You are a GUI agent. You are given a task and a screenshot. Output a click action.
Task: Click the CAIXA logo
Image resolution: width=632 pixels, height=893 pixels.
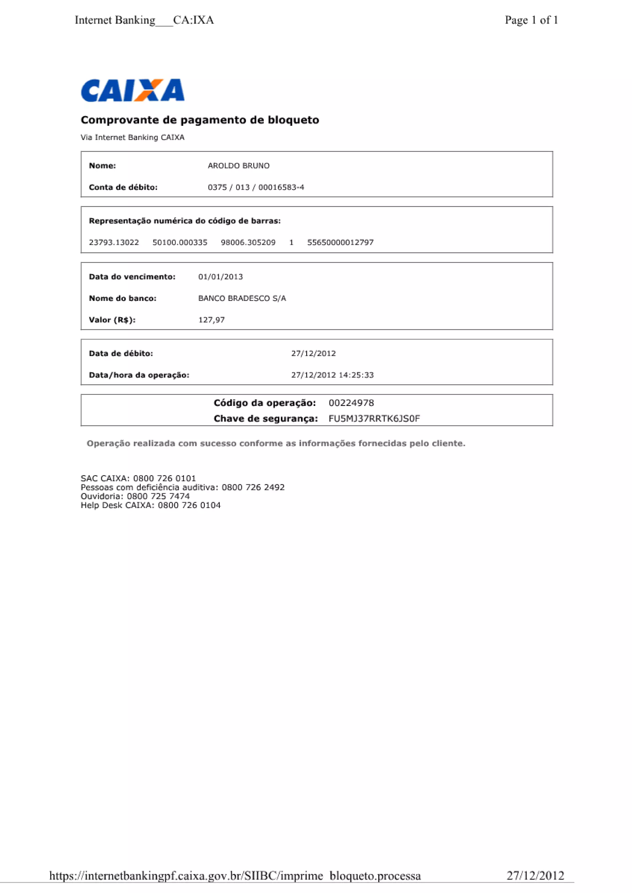point(132,90)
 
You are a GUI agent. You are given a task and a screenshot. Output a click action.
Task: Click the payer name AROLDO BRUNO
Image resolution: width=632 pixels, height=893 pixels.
point(239,166)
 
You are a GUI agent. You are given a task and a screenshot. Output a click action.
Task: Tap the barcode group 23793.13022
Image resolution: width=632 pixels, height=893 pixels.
point(114,242)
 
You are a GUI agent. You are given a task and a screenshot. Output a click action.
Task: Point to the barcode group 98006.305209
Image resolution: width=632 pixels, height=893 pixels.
point(248,242)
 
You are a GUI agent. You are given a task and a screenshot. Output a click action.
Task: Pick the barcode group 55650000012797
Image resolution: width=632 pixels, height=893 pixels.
point(340,242)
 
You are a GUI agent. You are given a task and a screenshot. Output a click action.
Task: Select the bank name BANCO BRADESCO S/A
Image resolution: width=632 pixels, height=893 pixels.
point(242,298)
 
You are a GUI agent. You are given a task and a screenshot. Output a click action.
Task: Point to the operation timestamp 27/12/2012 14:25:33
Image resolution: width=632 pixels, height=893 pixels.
point(332,375)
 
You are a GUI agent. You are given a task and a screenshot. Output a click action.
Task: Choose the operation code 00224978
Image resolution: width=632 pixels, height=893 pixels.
point(351,403)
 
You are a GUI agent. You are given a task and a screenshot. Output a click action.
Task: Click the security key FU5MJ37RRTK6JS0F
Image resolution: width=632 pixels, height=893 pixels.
point(374,419)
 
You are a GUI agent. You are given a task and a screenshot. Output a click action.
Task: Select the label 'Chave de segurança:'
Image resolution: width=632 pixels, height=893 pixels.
point(265,419)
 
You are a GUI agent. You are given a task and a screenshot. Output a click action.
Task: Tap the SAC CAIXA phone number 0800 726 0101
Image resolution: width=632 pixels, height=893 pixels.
point(164,478)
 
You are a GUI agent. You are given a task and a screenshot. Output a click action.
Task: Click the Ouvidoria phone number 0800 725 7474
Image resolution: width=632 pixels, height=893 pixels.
point(158,496)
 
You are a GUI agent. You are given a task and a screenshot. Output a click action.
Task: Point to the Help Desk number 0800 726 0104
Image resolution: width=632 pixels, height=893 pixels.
point(189,505)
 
